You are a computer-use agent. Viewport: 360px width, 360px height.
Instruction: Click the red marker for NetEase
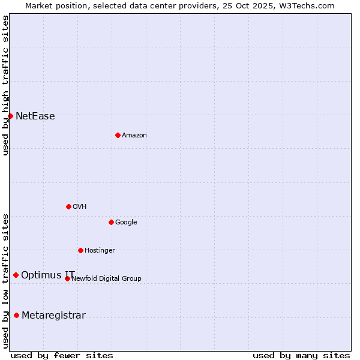(10, 116)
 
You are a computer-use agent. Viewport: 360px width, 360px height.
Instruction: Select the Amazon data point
(118, 135)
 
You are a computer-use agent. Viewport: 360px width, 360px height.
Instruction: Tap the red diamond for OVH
(68, 206)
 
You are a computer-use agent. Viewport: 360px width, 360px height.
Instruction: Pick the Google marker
(111, 222)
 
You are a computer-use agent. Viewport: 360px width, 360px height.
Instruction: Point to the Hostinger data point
(80, 250)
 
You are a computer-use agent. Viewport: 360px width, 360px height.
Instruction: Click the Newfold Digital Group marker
(67, 278)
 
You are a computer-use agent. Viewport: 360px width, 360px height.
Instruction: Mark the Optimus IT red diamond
(16, 275)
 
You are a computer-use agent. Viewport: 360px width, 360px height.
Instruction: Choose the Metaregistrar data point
(16, 315)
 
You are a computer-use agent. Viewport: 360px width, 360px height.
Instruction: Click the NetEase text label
(35, 116)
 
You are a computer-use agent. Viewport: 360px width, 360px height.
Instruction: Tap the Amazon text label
(134, 136)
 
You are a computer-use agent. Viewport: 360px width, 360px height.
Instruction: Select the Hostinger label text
(100, 251)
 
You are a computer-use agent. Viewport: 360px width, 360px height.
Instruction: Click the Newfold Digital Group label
(106, 278)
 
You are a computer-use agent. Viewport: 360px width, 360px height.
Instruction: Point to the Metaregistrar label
(53, 316)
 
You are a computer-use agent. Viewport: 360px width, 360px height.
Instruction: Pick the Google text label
(126, 223)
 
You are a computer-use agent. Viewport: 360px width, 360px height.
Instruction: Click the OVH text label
(80, 207)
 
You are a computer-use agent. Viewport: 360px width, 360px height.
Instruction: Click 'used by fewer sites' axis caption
(62, 355)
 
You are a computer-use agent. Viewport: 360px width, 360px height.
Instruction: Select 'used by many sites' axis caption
(301, 355)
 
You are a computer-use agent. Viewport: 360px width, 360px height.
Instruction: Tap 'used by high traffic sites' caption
(5, 85)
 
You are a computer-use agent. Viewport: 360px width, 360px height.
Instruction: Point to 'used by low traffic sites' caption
(5, 280)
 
